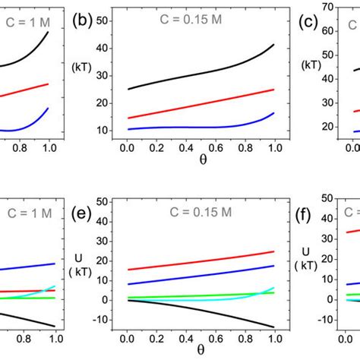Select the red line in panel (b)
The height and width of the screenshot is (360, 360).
[190, 104]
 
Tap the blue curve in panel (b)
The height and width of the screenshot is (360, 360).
[190, 127]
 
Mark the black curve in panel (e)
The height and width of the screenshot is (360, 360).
[190, 310]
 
